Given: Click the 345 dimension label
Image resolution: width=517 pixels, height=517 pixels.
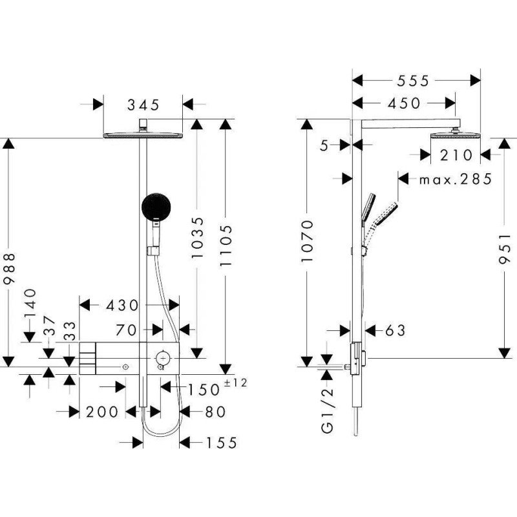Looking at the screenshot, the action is (x=143, y=105).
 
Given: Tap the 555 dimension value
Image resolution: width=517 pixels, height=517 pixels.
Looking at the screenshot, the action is (x=413, y=81).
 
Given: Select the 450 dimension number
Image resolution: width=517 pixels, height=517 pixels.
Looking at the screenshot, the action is (x=405, y=103).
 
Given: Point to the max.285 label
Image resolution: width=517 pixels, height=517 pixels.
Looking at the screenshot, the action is (x=456, y=180).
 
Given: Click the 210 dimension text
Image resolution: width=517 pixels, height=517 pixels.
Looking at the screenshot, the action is (x=456, y=155).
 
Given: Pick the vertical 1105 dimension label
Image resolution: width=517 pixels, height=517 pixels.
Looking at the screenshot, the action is (x=226, y=246).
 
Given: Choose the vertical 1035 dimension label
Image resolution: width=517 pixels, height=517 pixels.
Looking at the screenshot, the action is (x=198, y=237).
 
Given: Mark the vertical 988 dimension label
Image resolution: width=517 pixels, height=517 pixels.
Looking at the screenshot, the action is (x=9, y=268).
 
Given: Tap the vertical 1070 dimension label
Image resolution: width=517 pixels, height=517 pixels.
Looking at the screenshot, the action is (x=306, y=241).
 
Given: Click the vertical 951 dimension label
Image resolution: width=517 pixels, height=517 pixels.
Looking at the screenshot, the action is (x=505, y=249).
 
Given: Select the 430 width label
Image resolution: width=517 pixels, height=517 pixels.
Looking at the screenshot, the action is (x=122, y=305).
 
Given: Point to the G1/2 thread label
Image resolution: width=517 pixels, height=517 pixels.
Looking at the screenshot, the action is (x=327, y=410).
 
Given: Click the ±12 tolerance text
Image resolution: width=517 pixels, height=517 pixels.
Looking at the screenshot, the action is (x=235, y=383).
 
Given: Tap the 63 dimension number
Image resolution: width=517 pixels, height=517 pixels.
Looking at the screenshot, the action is (x=395, y=330).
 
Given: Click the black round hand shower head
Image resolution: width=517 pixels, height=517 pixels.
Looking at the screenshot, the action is (x=156, y=206).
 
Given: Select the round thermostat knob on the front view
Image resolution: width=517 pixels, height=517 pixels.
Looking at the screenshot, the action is (x=163, y=358).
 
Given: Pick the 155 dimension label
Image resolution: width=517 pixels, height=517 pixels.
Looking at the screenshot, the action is (x=222, y=443).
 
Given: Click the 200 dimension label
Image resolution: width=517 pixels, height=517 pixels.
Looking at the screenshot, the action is (x=102, y=412).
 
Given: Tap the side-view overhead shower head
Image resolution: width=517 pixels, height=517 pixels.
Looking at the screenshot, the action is (x=456, y=135).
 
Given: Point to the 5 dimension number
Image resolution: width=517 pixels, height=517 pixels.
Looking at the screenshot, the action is (x=324, y=145).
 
